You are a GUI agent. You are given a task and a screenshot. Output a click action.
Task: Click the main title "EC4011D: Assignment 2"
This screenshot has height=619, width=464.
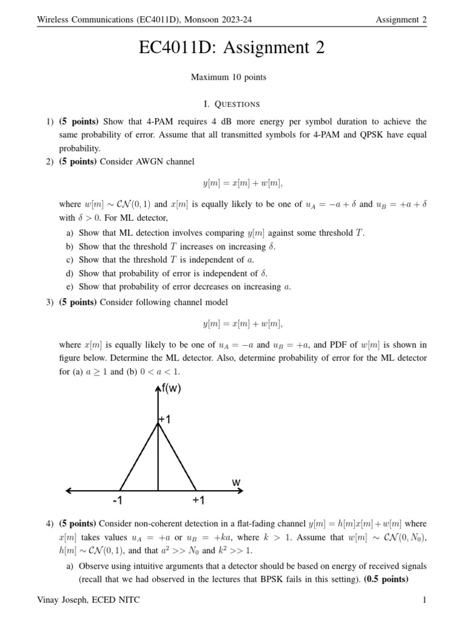232,48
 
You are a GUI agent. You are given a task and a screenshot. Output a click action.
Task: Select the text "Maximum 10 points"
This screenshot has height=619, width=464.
228,77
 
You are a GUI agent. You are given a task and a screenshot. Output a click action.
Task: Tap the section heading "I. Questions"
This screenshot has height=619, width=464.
232,104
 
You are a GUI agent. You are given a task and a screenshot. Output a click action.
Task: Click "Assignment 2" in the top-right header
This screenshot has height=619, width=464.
401,20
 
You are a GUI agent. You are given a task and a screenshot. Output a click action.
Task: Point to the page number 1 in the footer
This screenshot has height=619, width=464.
425,600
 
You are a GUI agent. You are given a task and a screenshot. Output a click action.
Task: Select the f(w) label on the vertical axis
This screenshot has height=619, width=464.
172,389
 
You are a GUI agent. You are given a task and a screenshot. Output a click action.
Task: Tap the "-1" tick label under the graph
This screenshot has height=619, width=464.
117,501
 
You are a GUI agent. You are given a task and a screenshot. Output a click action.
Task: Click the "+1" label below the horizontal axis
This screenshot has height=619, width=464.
199,501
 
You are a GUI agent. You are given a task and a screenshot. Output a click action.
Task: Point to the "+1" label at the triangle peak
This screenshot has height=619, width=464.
165,420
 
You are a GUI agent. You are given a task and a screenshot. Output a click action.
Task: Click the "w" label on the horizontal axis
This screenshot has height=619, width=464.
236,482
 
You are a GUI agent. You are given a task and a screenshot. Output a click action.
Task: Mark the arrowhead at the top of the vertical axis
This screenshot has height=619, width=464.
158,389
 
